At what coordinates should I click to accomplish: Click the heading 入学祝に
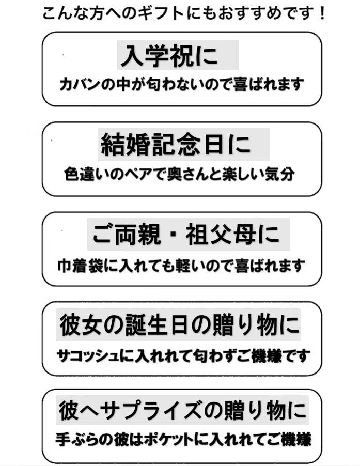(169, 56)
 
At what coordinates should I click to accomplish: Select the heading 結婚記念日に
(176, 145)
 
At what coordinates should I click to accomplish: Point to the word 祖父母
(221, 235)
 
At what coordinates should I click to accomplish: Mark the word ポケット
(170, 440)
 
